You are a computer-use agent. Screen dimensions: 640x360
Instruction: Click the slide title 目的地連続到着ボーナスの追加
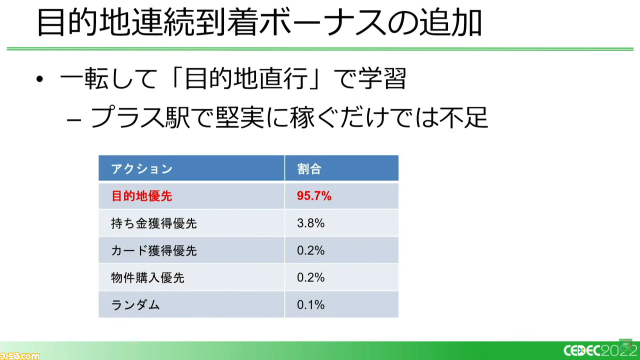tap(259, 22)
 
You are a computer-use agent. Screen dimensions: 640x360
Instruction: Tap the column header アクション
tap(141, 169)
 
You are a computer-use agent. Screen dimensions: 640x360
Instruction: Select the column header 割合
tap(309, 169)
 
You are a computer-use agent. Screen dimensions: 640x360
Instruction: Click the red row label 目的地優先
tap(141, 196)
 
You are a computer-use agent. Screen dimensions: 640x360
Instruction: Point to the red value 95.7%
tap(314, 196)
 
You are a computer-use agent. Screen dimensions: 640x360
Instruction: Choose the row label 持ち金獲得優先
tap(154, 223)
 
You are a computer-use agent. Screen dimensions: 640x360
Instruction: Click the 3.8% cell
tap(310, 223)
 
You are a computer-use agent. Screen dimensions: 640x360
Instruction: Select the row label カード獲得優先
tap(154, 250)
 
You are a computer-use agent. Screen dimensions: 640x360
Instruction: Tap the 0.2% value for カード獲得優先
tap(310, 250)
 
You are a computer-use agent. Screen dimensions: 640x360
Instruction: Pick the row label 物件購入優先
tap(147, 277)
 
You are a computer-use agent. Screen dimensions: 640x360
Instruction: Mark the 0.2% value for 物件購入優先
tap(310, 277)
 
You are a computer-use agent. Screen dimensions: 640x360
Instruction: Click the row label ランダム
tap(135, 305)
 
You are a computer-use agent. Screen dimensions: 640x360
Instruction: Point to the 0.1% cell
tap(310, 305)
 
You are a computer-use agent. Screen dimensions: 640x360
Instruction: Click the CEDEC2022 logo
tap(601, 349)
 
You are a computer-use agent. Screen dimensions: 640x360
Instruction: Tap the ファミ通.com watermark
tap(19, 356)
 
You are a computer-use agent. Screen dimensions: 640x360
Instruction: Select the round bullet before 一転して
tap(39, 79)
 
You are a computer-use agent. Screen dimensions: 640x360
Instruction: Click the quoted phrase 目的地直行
tap(246, 78)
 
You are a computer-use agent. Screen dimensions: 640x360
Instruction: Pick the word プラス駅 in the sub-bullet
tap(140, 117)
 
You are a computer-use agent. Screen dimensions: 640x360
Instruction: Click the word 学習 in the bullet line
tap(382, 78)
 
